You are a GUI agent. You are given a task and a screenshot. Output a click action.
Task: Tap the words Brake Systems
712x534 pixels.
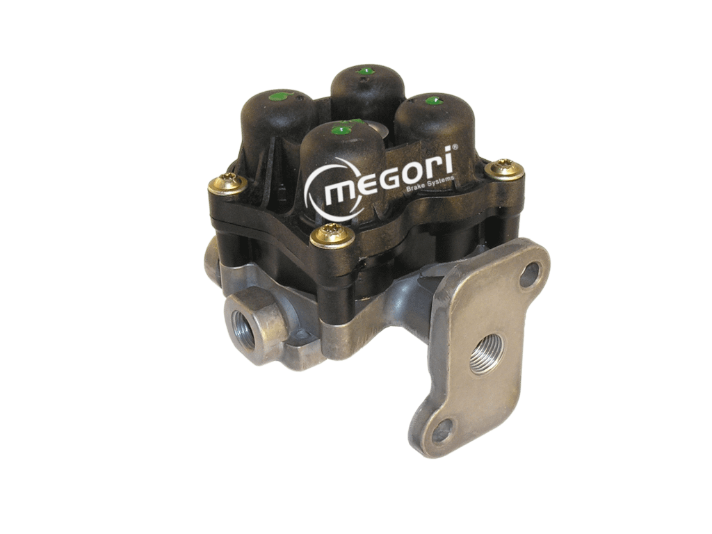[x=430, y=183]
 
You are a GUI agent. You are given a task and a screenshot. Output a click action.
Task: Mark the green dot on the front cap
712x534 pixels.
[x=342, y=131]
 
